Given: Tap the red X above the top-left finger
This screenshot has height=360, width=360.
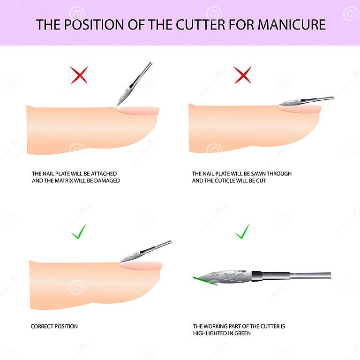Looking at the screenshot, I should [x=79, y=75].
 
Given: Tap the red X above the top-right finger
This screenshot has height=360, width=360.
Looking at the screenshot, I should [x=242, y=75].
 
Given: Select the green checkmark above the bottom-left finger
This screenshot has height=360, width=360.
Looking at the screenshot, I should [x=78, y=231].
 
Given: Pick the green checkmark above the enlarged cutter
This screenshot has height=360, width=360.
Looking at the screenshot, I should [x=242, y=231].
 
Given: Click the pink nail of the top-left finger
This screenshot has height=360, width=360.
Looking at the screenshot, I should [x=139, y=111].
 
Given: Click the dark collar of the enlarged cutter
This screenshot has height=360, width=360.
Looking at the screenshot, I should [x=257, y=276].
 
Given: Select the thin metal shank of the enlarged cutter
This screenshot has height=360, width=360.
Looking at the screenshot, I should [x=309, y=275].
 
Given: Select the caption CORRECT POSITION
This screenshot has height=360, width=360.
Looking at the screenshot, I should [x=54, y=326].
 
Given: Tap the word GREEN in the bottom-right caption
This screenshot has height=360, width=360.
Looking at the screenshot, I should [x=241, y=333].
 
